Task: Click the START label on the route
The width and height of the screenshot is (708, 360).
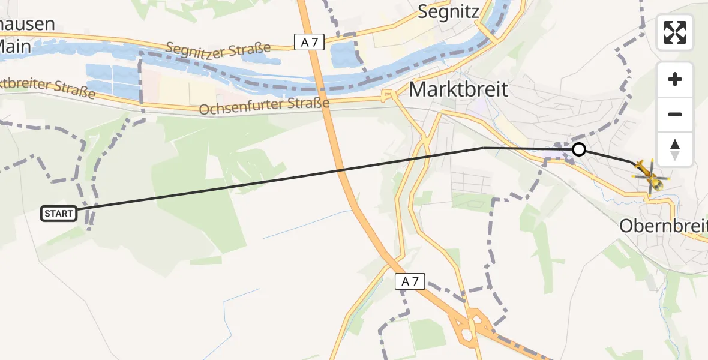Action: pos(59,213)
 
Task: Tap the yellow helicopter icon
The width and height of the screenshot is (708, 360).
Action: pos(649,176)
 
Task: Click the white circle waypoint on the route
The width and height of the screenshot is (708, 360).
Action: pos(578,149)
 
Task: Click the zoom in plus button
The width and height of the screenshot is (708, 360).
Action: pos(675,80)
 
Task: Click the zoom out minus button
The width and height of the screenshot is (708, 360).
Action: pos(675,114)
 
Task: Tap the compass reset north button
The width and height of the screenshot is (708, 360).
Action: pos(675,149)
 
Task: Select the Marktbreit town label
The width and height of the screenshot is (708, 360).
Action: pos(458,90)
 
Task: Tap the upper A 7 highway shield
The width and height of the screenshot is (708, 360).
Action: pos(305,41)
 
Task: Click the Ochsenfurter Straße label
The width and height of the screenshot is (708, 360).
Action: pos(264,107)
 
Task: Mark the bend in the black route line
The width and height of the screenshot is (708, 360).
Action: pos(484,148)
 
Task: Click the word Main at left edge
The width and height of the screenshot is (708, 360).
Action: pos(11,45)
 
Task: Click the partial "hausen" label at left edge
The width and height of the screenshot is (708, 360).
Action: pos(27,25)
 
